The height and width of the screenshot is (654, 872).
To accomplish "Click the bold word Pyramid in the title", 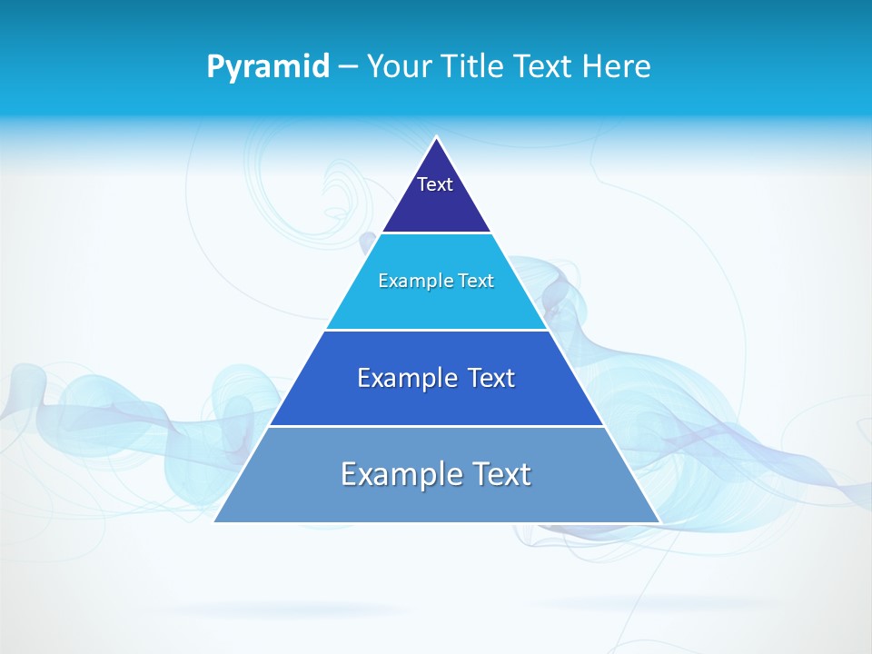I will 267,67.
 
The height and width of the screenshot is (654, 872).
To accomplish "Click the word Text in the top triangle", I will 435,184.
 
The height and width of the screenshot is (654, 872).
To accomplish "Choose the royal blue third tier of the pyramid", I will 436,404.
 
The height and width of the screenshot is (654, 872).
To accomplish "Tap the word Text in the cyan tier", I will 476,281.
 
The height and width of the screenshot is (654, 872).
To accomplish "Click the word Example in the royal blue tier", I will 406,378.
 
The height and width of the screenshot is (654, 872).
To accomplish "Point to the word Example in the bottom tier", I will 398,474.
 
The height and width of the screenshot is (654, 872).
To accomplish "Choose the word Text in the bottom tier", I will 501,474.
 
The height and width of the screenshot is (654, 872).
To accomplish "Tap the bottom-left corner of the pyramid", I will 215,520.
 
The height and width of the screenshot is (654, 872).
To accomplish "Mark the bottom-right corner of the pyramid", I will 659,520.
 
